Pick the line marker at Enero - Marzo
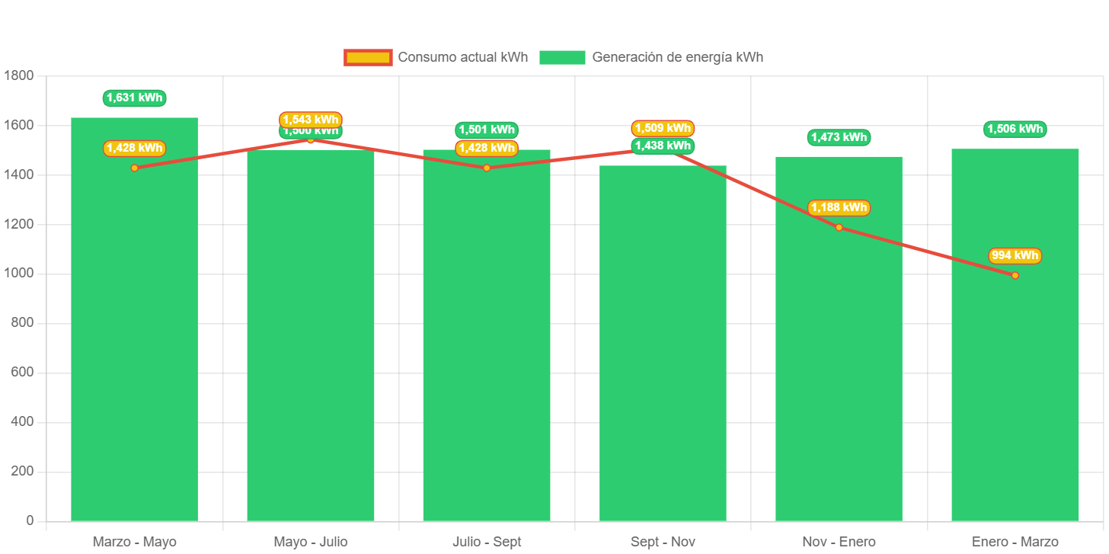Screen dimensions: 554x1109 click(x=1015, y=275)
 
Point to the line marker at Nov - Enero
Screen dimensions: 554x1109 click(x=839, y=227)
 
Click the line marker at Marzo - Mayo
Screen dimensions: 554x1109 click(x=134, y=168)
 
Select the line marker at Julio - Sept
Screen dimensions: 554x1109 click(x=487, y=168)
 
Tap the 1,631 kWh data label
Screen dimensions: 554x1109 click(x=134, y=98)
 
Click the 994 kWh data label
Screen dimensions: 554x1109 click(x=1015, y=255)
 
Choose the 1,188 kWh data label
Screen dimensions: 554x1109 click(x=839, y=207)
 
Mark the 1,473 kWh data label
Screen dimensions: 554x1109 click(x=839, y=137)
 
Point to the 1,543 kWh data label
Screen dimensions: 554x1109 click(x=311, y=120)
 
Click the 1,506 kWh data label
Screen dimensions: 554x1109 click(x=1015, y=129)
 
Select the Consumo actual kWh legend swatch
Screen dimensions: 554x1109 click(x=368, y=57)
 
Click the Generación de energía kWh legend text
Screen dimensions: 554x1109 click(x=677, y=57)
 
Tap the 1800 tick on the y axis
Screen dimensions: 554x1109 click(x=19, y=75)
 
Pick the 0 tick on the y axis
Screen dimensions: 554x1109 click(x=30, y=520)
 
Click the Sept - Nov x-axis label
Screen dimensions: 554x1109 click(x=663, y=542)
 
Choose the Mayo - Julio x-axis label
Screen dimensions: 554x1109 click(x=311, y=542)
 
